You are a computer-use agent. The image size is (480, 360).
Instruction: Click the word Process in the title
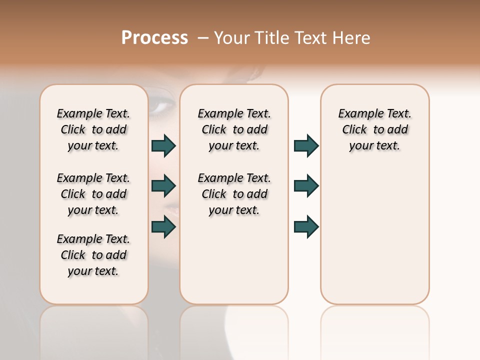(x=154, y=37)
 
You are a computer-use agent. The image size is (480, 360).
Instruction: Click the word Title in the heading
(x=274, y=37)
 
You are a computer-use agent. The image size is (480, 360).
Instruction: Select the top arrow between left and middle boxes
(x=163, y=146)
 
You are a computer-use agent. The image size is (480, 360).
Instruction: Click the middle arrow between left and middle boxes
(x=163, y=186)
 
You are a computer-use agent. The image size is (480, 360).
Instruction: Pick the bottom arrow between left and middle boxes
(x=163, y=226)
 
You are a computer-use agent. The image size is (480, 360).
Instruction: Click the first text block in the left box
(x=93, y=129)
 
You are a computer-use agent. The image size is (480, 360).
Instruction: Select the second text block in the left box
(x=93, y=194)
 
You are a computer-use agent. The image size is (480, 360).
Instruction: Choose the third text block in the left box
(x=93, y=255)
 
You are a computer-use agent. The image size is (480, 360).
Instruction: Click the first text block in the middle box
(x=234, y=129)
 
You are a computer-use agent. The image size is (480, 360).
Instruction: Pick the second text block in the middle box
(x=234, y=194)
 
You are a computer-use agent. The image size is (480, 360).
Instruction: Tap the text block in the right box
(x=374, y=129)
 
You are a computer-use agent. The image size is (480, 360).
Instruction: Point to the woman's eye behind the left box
(x=162, y=106)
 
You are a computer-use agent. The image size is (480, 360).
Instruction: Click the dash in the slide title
(x=203, y=37)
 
